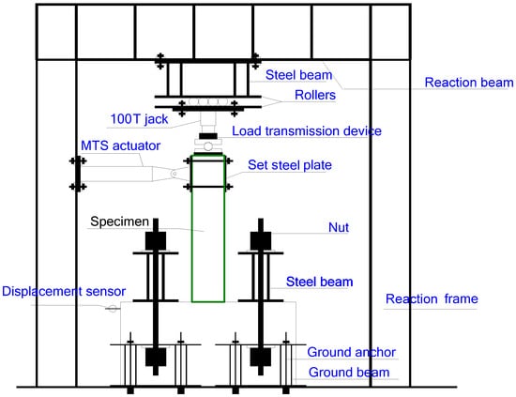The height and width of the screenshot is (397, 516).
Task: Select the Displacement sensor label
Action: tap(63, 291)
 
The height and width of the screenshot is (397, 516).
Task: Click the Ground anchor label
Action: tap(352, 352)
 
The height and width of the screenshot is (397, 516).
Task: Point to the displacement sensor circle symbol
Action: tap(111, 308)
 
